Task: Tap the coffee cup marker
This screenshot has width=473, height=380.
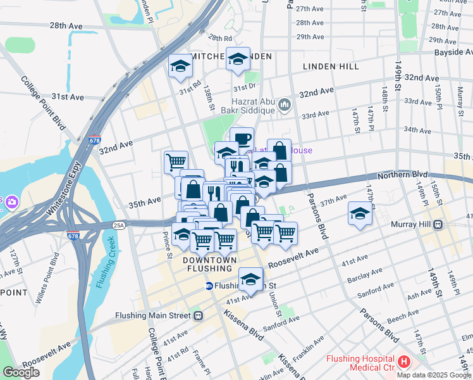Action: point(242,139)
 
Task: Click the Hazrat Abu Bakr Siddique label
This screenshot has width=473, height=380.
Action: point(254,105)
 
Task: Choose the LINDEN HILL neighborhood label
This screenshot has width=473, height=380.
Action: point(330,66)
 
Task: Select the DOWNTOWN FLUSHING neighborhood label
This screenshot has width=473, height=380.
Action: point(209,265)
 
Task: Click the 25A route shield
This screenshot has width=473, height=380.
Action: point(119,224)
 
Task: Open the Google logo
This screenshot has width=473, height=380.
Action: point(21,372)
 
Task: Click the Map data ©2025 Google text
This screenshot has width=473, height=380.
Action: point(433,375)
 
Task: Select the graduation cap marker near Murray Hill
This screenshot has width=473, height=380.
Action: point(359,214)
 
